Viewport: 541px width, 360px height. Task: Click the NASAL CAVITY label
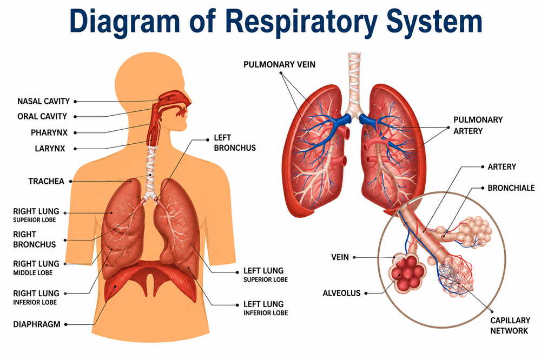click(x=43, y=101)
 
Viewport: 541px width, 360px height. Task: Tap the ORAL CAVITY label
click(x=42, y=117)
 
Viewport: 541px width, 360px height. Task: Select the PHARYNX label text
click(x=49, y=132)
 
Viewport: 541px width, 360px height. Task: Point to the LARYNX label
click(x=50, y=149)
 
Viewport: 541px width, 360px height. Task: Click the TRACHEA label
click(x=46, y=182)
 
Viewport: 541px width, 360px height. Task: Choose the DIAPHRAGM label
click(x=37, y=324)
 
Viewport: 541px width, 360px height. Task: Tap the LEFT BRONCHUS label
click(x=235, y=143)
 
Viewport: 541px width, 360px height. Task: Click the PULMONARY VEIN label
click(x=279, y=64)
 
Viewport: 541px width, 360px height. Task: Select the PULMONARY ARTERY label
click(x=478, y=125)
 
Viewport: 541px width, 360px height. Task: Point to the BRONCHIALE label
click(x=511, y=188)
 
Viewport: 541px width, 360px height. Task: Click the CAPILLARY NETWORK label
click(x=510, y=325)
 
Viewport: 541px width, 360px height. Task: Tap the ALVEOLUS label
click(x=341, y=293)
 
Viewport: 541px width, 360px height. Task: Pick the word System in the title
click(x=434, y=22)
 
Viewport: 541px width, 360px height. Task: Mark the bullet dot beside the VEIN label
click(x=354, y=257)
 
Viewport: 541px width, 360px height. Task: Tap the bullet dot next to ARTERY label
click(x=483, y=167)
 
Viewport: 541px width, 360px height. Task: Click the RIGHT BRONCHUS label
click(x=34, y=239)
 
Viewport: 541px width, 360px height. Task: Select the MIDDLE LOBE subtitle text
click(x=33, y=273)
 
